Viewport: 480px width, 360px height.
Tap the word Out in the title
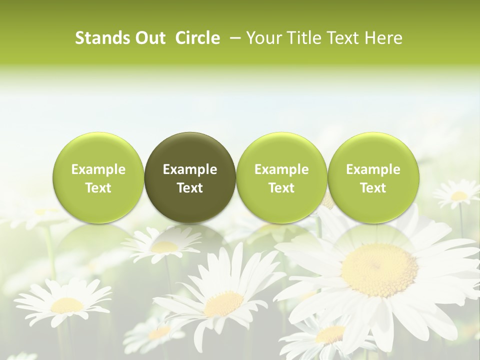pos(149,38)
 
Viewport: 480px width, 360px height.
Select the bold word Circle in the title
pos(197,38)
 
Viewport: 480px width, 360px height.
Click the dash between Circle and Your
pos(234,38)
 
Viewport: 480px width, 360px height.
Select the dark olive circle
pos(190,177)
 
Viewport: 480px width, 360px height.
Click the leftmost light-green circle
pos(98,177)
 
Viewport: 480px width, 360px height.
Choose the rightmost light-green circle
pos(373,177)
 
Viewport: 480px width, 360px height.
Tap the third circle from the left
pos(281,177)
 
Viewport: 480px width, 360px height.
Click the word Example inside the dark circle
pos(190,169)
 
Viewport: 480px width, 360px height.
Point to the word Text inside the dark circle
pos(190,188)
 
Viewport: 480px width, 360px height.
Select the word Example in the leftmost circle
pos(98,169)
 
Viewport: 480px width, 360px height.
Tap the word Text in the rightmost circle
pos(373,188)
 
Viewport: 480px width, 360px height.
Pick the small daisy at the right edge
pos(457,195)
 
